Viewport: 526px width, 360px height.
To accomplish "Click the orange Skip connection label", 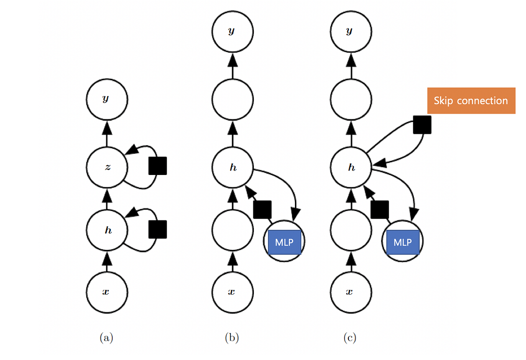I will coord(471,101).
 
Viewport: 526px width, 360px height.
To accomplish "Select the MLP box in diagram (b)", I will coord(284,242).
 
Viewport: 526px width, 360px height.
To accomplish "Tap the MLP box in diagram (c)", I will coord(403,242).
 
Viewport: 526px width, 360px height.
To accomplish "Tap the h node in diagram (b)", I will coord(232,168).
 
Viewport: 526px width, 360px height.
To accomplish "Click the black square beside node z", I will coord(157,166).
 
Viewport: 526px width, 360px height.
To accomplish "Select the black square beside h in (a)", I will coord(157,229).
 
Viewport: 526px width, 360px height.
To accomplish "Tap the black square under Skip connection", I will coord(422,125).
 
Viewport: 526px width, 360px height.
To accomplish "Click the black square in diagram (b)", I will coord(263,209).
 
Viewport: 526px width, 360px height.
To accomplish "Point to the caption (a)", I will coord(107,338).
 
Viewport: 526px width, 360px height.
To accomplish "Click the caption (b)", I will coord(232,338).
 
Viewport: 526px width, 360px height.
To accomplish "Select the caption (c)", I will coord(350,338).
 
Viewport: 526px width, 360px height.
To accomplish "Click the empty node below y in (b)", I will coord(232,100).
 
